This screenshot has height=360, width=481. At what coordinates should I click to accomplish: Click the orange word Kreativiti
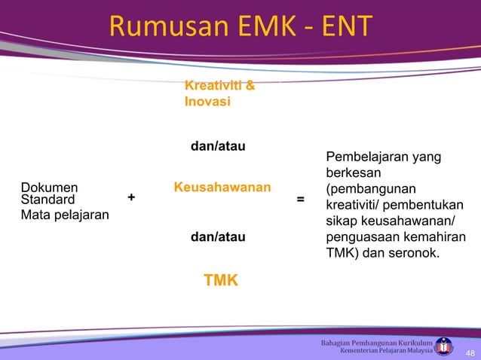[212, 87]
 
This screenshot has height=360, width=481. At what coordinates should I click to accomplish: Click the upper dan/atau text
[218, 145]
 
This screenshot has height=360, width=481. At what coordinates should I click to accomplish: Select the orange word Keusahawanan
[222, 186]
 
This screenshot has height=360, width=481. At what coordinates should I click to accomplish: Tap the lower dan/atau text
[218, 237]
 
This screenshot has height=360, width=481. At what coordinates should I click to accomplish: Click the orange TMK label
[221, 281]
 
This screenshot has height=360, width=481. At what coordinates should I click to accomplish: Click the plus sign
[132, 197]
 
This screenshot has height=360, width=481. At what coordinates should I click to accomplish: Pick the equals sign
[301, 200]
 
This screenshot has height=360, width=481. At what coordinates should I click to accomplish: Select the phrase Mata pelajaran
[64, 215]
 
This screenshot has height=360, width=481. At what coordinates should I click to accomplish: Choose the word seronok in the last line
[413, 254]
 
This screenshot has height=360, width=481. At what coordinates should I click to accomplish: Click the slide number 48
[470, 353]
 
